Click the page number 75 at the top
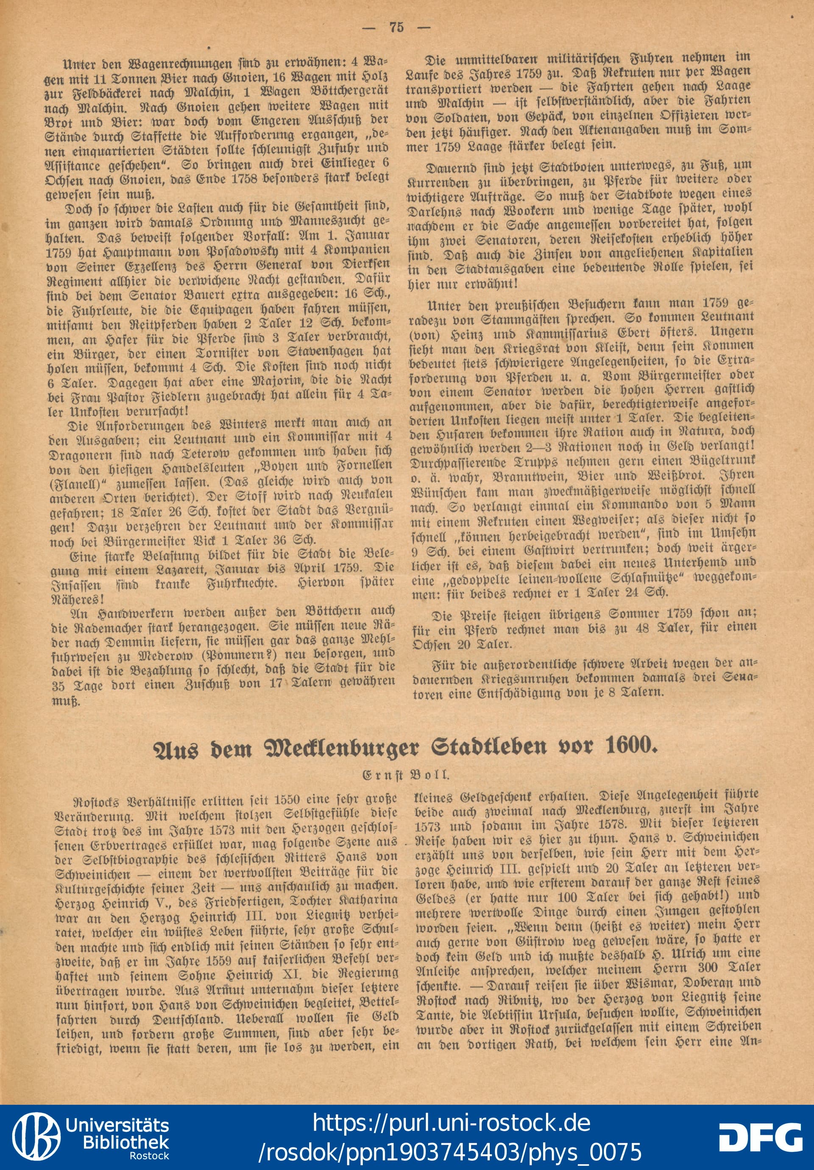coord(396,28)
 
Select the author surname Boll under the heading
coord(433,775)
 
